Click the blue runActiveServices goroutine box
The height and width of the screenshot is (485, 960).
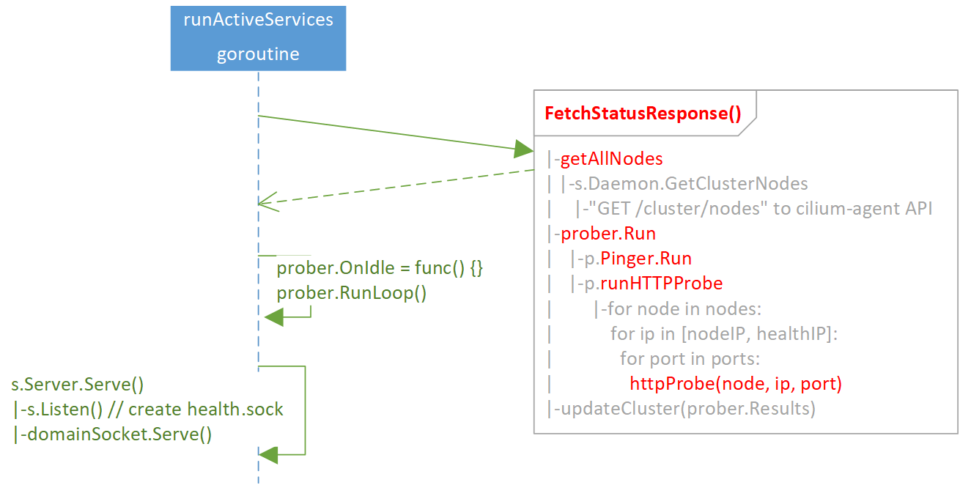click(x=258, y=38)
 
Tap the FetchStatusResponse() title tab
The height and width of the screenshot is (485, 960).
click(x=643, y=114)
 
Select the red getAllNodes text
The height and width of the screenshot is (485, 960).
click(x=611, y=159)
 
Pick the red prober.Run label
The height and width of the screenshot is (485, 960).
click(x=608, y=234)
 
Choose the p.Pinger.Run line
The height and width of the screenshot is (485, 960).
click(x=636, y=259)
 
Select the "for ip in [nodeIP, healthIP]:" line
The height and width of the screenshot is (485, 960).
click(x=723, y=333)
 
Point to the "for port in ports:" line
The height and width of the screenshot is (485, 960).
click(x=690, y=359)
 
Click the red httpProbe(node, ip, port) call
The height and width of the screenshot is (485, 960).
click(x=735, y=384)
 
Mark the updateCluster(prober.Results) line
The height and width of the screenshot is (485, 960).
click(x=687, y=408)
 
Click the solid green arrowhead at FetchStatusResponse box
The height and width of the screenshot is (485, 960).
click(x=523, y=149)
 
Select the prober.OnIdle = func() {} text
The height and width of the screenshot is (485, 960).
click(x=380, y=269)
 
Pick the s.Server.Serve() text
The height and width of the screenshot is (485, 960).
click(x=77, y=385)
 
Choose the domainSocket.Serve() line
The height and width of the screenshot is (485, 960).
click(x=113, y=434)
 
